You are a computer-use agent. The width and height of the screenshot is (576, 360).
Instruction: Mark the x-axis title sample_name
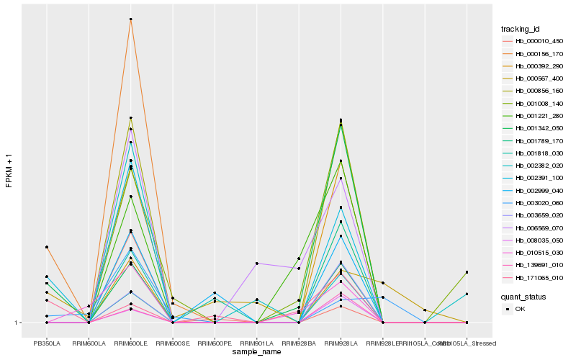coord(256,352)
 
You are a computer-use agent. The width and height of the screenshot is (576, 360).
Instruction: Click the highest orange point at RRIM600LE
coord(130,19)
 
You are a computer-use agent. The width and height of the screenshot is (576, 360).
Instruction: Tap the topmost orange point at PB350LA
coord(46,247)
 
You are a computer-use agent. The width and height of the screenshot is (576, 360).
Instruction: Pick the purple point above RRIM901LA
coord(256,264)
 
